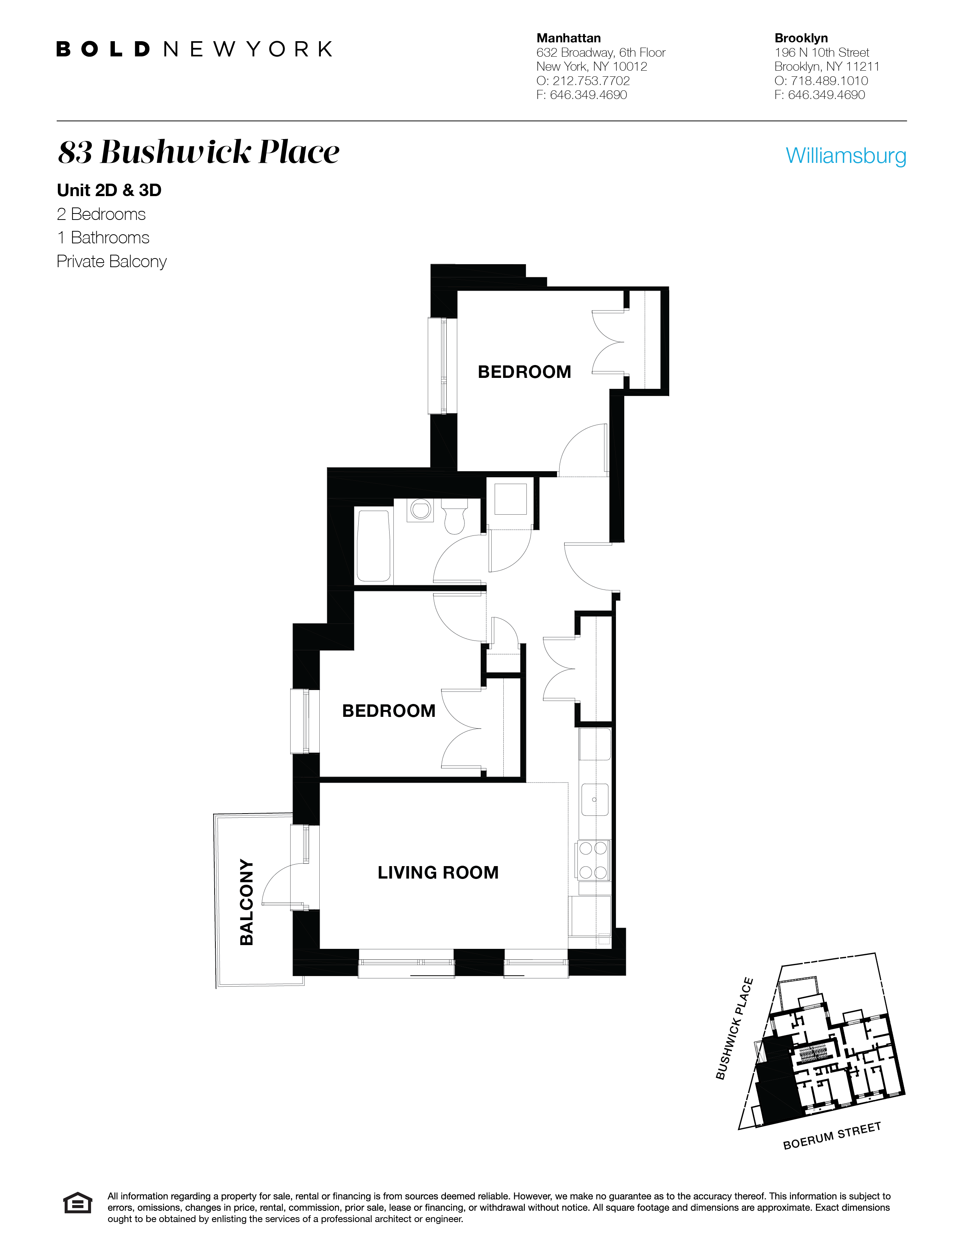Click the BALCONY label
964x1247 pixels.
[246, 902]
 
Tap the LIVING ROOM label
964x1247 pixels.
[438, 873]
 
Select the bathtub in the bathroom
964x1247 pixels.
[373, 545]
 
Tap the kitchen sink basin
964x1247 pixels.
[594, 799]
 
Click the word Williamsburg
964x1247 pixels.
[846, 155]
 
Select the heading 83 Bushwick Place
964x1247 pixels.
[199, 152]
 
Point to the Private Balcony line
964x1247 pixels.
[112, 261]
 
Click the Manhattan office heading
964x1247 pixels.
[568, 38]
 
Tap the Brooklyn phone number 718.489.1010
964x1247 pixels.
[829, 80]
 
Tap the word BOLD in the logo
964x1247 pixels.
[103, 49]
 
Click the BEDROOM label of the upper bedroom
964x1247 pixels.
[524, 372]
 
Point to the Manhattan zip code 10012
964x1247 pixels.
[630, 67]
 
